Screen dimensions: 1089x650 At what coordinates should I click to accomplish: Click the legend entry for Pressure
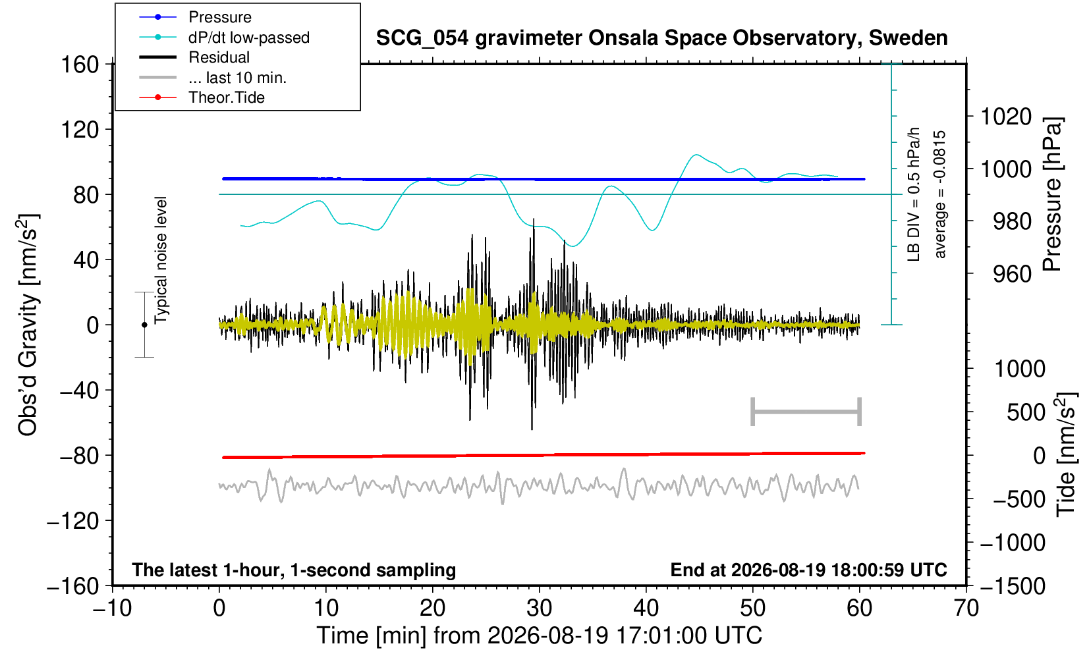click(220, 17)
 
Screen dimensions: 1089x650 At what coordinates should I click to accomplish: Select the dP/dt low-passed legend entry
click(249, 38)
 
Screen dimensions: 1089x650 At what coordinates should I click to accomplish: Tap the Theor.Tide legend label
click(227, 97)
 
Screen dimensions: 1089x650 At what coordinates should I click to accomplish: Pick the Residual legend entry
click(219, 57)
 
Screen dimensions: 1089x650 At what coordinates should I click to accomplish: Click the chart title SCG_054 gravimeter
click(661, 38)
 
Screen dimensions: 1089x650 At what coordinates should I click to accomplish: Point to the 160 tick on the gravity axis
click(80, 65)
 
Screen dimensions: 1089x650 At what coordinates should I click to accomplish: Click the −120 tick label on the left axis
click(73, 521)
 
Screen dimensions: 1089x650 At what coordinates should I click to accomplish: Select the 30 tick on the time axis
click(539, 608)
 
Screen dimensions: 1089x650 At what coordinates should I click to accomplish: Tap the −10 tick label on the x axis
click(112, 608)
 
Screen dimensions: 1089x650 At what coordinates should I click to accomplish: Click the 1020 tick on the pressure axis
click(1006, 117)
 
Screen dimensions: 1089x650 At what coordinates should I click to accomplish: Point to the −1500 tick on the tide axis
click(1013, 586)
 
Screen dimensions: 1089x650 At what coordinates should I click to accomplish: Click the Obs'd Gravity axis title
click(28, 325)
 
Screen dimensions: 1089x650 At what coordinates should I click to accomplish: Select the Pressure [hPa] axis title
click(1053, 194)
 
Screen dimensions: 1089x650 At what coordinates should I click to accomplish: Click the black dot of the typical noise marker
click(144, 325)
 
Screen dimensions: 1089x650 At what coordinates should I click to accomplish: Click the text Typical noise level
click(161, 260)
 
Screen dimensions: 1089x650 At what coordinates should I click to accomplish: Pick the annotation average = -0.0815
click(939, 194)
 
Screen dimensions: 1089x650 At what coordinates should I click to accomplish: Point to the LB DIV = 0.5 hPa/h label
click(914, 194)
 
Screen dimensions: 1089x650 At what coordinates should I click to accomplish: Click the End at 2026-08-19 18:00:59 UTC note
click(808, 570)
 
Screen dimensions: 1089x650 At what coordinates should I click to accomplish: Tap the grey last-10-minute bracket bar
click(806, 412)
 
